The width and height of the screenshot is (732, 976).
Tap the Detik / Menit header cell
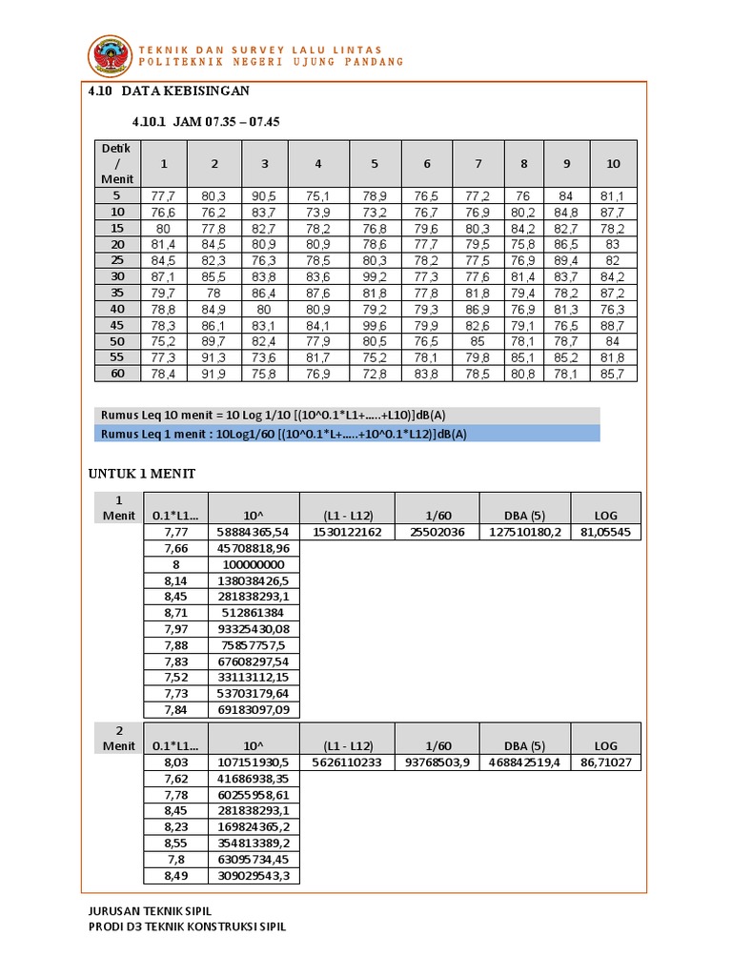[118, 163]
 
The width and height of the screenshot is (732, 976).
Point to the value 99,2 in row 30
[375, 276]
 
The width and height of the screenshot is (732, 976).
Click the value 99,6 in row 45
[375, 325]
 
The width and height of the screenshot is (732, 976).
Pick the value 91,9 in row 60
[214, 374]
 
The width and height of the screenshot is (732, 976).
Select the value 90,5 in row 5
[265, 195]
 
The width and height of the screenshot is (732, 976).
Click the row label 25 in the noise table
[118, 260]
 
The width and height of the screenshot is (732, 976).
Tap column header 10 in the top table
[613, 163]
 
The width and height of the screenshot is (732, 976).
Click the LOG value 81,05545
[605, 532]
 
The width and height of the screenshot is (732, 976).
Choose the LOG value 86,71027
[605, 763]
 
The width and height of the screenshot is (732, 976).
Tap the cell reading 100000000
[252, 564]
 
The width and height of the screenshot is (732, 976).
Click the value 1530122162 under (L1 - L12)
[347, 532]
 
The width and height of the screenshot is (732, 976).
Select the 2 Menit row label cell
[118, 738]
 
